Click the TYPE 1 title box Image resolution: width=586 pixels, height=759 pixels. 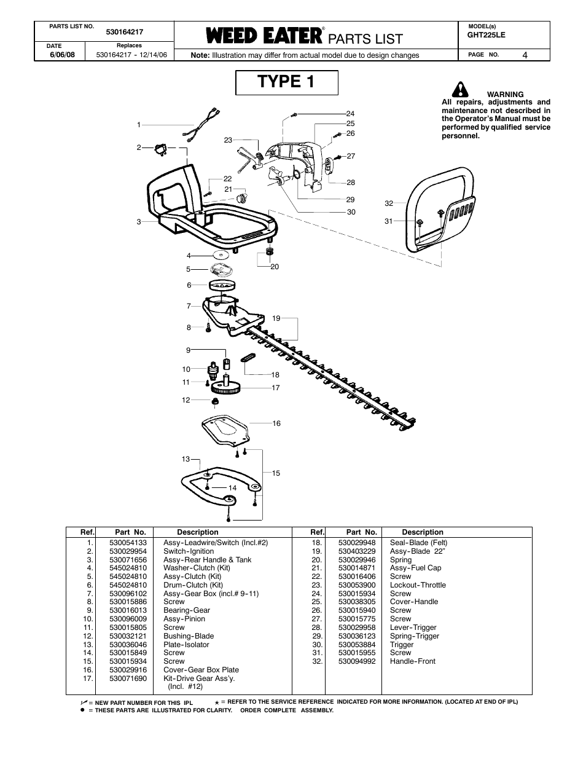pyautogui.click(x=286, y=82)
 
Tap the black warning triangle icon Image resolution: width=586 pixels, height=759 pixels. pyautogui.click(x=460, y=90)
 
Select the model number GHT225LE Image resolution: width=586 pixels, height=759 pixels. pyautogui.click(x=486, y=35)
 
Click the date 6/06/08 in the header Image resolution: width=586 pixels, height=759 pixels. pyautogui.click(x=62, y=55)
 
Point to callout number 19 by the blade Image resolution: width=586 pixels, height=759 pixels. pyautogui.click(x=276, y=318)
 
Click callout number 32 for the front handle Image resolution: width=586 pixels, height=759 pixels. pyautogui.click(x=389, y=203)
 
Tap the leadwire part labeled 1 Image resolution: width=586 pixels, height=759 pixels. pyautogui.click(x=201, y=125)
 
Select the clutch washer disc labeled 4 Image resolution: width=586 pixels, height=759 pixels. pyautogui.click(x=221, y=254)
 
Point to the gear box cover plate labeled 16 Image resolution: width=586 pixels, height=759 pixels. pyautogui.click(x=225, y=431)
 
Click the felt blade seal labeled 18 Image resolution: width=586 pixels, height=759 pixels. pyautogui.click(x=248, y=358)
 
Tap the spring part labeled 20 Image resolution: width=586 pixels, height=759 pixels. pyautogui.click(x=270, y=251)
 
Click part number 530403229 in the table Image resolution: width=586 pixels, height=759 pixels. pyautogui.click(x=357, y=551)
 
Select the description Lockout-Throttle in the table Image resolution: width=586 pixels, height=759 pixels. pyautogui.click(x=418, y=585)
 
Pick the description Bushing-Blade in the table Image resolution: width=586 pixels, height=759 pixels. pyautogui.click(x=189, y=636)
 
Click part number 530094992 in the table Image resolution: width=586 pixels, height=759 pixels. pyautogui.click(x=357, y=661)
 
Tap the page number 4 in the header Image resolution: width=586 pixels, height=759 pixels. pyautogui.click(x=525, y=55)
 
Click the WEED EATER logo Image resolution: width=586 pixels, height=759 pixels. pyautogui.click(x=264, y=36)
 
